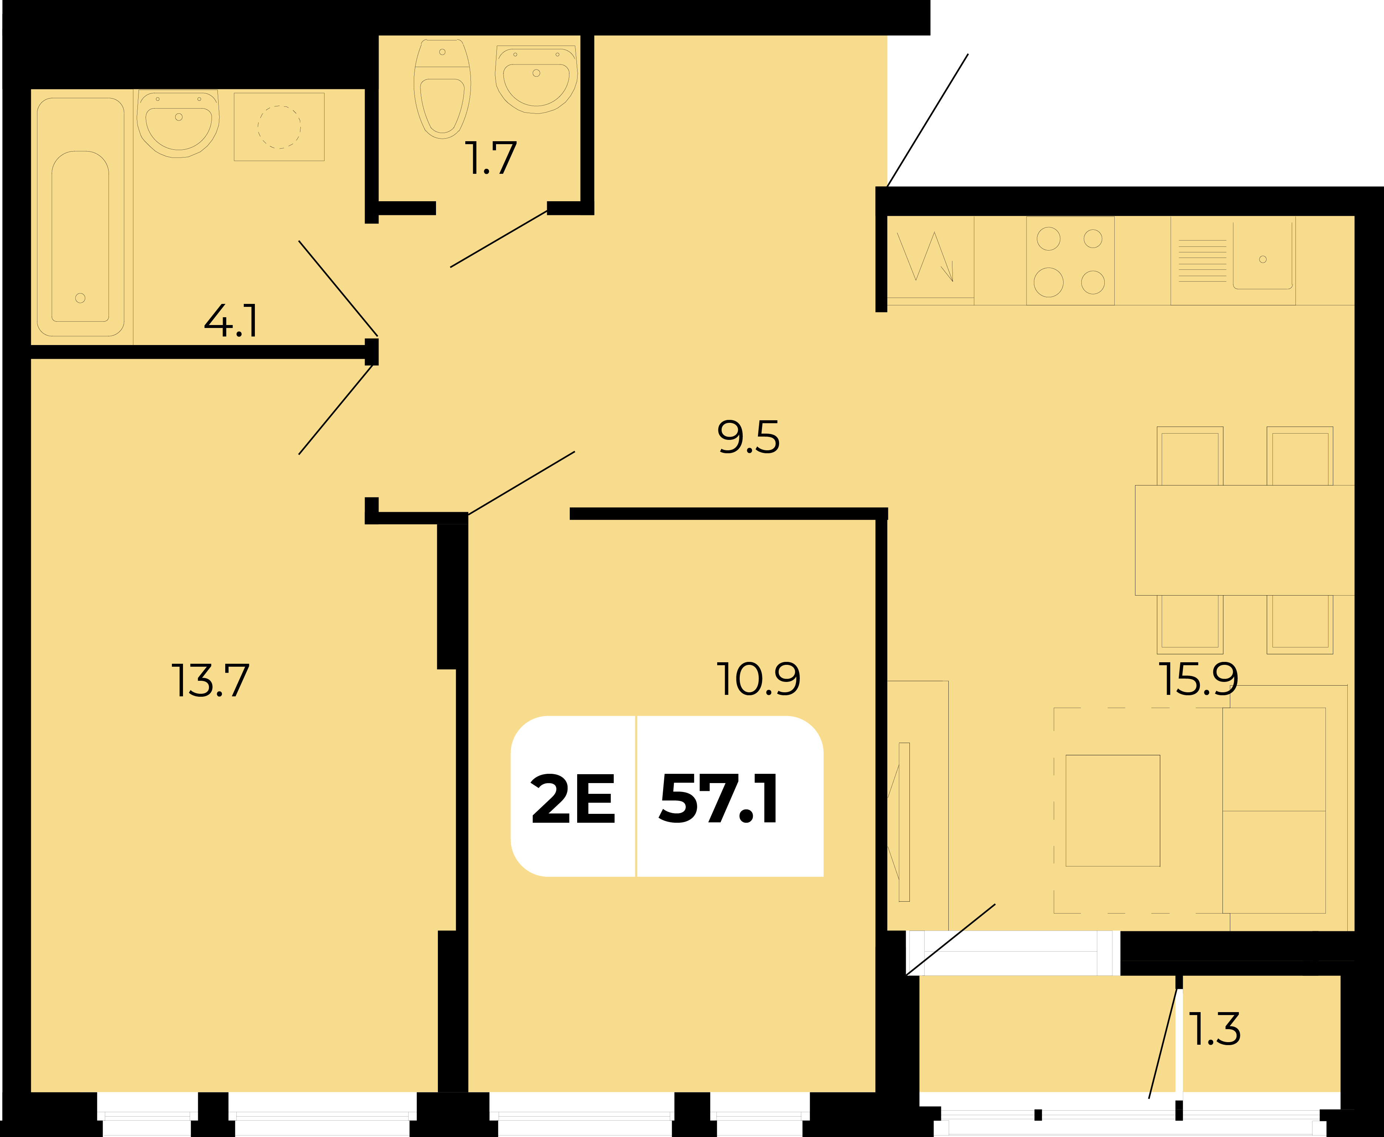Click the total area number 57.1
(719, 799)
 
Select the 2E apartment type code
(573, 799)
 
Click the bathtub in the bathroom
(80, 217)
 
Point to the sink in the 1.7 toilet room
(536, 79)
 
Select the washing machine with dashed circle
(279, 126)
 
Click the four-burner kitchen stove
(1070, 261)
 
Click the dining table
(1244, 540)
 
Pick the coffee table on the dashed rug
(1113, 811)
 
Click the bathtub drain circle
(80, 298)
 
